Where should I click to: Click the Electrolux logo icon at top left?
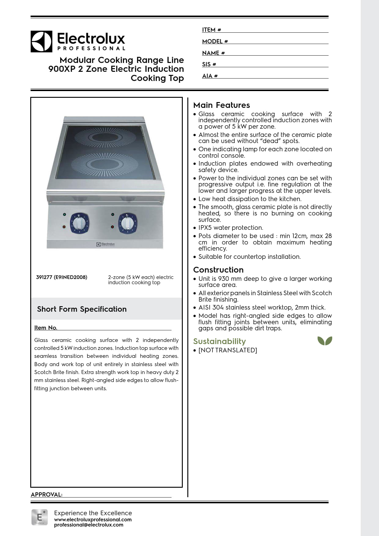point(41,41)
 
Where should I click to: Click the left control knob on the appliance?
point(80,223)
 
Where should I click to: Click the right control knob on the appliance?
point(127,223)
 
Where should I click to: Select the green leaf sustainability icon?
point(325,341)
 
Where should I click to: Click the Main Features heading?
point(222,105)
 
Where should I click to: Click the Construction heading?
point(218,270)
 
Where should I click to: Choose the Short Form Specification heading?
point(82,309)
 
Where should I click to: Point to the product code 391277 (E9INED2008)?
point(61,277)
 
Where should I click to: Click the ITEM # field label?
point(212,30)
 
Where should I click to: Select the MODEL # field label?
point(215,41)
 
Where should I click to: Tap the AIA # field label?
point(210,76)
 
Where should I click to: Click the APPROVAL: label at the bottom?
point(46,494)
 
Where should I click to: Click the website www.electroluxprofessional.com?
point(93,519)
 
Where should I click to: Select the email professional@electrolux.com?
point(89,525)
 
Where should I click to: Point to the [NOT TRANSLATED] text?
point(228,350)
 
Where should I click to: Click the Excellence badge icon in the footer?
point(39,517)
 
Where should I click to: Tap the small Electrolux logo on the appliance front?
point(106,244)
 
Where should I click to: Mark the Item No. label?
point(46,328)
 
